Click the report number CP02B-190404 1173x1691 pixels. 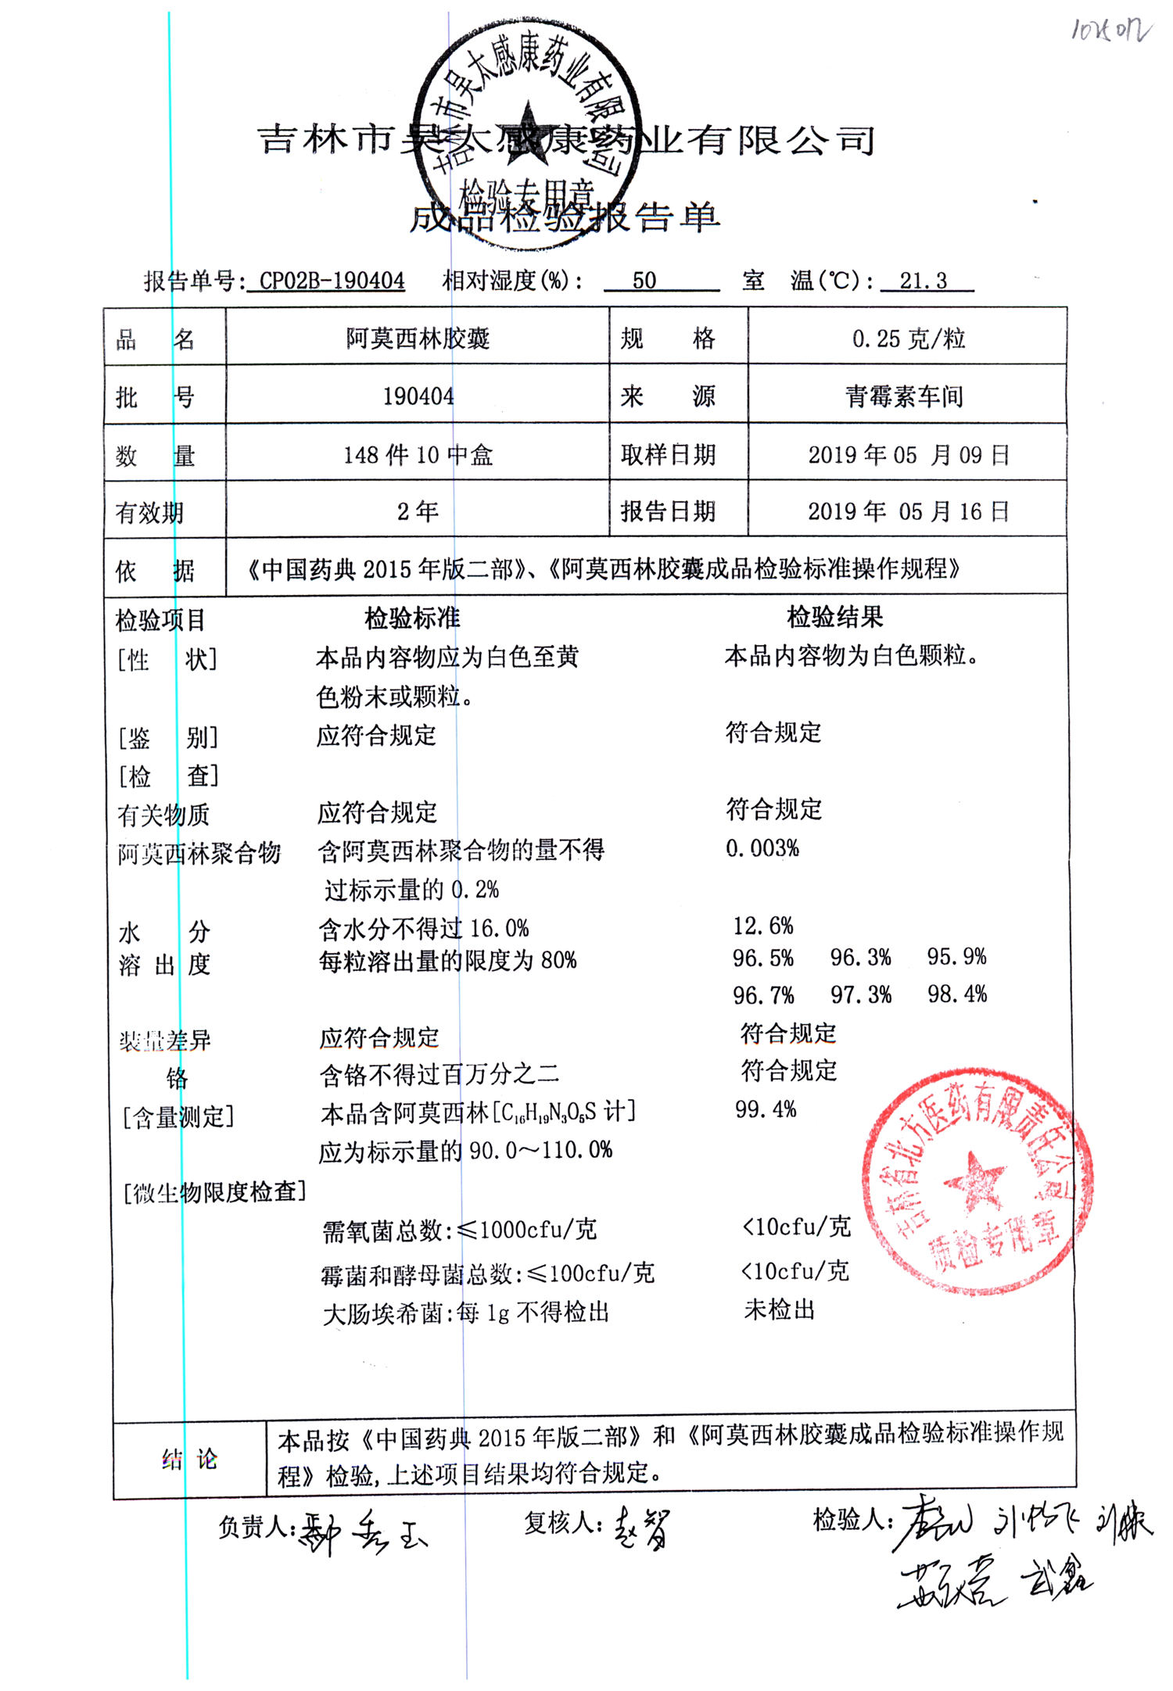[332, 281]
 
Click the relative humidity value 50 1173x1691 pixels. [644, 281]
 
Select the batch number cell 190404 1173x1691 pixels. [418, 396]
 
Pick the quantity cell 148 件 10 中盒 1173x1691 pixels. [418, 454]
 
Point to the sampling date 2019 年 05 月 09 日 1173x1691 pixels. [909, 454]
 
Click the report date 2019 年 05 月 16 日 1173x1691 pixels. [909, 511]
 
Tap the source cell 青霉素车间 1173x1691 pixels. [904, 396]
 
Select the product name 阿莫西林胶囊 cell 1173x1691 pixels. [418, 339]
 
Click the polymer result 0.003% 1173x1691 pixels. [762, 848]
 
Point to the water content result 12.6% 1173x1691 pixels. [763, 926]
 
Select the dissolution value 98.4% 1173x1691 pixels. [957, 994]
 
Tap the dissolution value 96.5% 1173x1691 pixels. [763, 958]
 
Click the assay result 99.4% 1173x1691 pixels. [766, 1109]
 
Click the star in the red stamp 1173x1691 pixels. [974, 1181]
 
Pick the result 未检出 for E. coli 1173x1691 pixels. [780, 1309]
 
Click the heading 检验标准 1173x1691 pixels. [412, 618]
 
